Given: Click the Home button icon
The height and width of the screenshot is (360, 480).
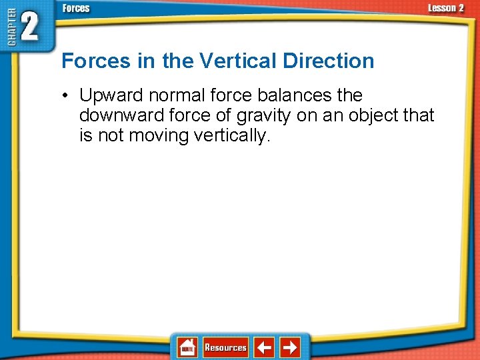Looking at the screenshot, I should click(x=187, y=347).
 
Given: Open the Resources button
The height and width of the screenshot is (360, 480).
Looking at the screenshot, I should click(x=225, y=347).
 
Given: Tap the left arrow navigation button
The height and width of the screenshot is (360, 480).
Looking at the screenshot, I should click(x=265, y=347).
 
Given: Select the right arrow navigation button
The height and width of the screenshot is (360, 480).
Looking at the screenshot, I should click(x=290, y=347).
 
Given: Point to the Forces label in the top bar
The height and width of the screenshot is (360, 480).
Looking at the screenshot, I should click(x=76, y=8).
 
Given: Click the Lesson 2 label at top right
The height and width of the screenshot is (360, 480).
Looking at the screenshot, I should click(x=445, y=8).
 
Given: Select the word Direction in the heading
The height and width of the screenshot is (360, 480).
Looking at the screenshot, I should click(x=329, y=61).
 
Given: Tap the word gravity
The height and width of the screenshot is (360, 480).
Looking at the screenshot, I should click(x=259, y=116).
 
